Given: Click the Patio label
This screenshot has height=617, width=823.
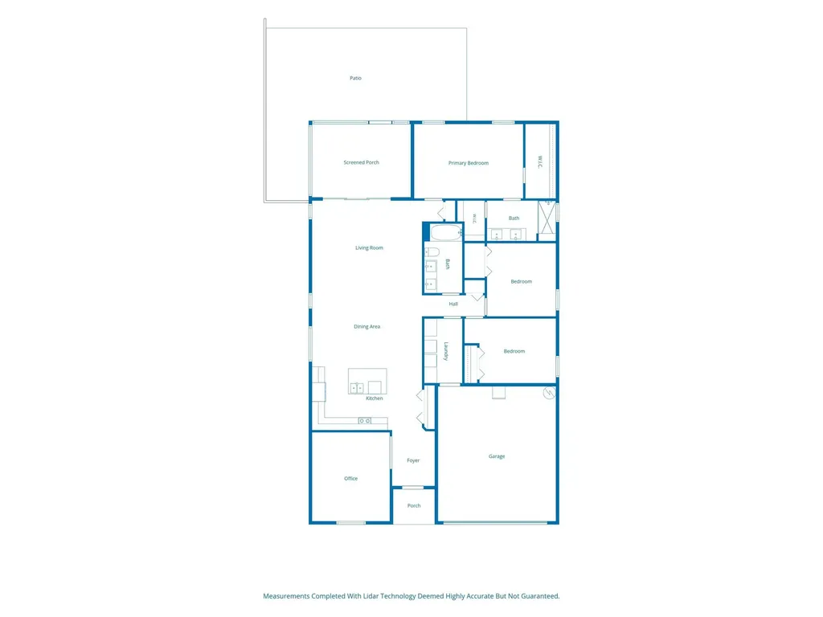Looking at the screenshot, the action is click(x=355, y=78).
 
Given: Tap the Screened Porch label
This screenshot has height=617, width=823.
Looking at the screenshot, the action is click(x=361, y=162).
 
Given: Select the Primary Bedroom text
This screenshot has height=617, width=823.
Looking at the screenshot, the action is click(x=469, y=163).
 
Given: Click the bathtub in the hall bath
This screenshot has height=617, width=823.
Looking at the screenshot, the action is click(x=446, y=232).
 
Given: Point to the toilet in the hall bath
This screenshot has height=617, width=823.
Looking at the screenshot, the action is click(x=432, y=251).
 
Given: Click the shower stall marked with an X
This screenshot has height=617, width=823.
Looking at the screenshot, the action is click(x=547, y=220).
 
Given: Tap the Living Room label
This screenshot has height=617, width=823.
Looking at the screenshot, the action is click(x=369, y=247).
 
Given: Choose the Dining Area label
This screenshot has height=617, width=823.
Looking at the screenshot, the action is click(x=366, y=326).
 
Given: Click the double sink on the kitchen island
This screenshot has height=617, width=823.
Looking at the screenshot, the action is click(x=357, y=388).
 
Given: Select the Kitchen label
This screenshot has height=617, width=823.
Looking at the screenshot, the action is click(x=375, y=398).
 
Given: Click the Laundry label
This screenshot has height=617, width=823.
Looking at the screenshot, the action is click(x=446, y=351).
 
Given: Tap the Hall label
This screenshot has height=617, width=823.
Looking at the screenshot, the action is click(x=453, y=304).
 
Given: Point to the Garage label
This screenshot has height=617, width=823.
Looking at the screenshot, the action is click(x=497, y=456).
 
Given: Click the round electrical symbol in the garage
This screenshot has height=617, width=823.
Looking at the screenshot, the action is click(x=549, y=393).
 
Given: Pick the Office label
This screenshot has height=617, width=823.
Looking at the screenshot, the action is click(x=350, y=479).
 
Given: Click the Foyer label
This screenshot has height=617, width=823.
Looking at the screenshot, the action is click(x=413, y=460).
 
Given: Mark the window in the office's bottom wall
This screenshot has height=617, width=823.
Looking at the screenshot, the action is click(x=351, y=522).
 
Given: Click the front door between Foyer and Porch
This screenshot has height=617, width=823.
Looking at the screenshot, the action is click(x=413, y=488).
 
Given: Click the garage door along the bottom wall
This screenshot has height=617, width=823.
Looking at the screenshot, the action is click(x=496, y=522).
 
